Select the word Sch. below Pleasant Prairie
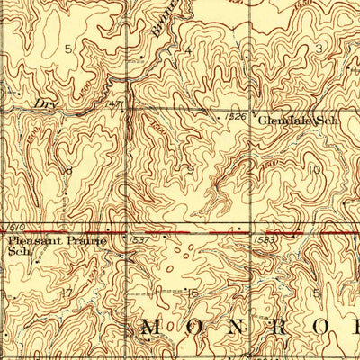(x=15, y=253)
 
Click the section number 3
(x=318, y=47)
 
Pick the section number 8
(x=68, y=169)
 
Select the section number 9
(x=190, y=168)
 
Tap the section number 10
(x=313, y=168)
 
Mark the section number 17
(x=65, y=292)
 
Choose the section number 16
(x=190, y=292)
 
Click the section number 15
(x=314, y=292)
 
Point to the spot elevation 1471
(x=116, y=105)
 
